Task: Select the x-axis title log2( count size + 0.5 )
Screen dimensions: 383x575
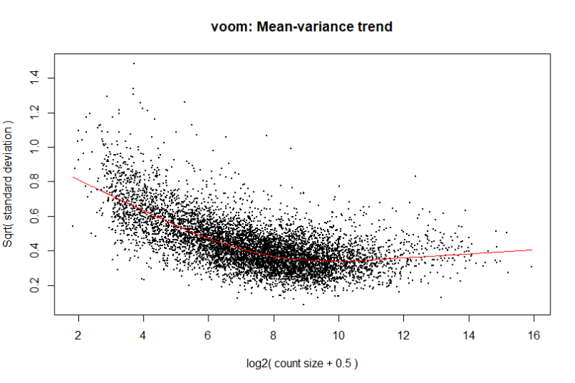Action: pyautogui.click(x=301, y=362)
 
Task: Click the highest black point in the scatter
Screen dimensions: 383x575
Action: pyautogui.click(x=134, y=63)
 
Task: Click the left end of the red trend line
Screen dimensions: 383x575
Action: pyautogui.click(x=73, y=177)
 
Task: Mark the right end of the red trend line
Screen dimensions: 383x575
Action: pyautogui.click(x=532, y=250)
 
